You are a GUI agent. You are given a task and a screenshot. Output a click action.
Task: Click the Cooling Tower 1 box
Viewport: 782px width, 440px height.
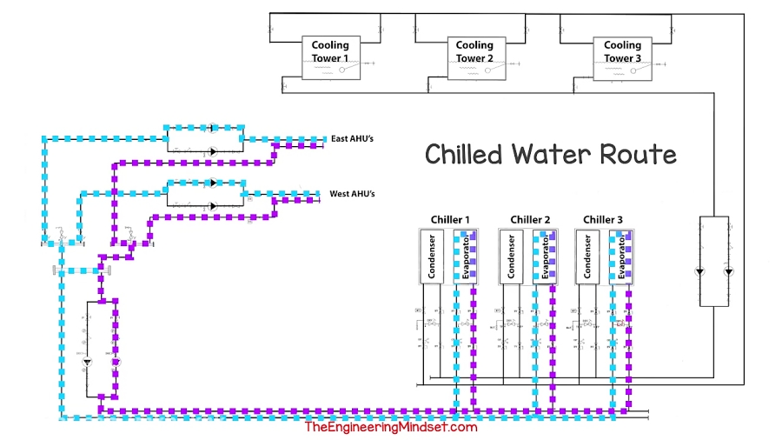pos(329,57)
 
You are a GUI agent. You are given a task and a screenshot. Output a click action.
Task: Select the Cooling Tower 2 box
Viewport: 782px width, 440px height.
pos(474,57)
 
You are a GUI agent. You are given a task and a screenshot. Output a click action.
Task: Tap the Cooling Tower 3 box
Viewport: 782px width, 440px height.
pos(622,57)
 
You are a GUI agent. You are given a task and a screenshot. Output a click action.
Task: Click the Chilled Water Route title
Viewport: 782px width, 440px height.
pos(550,155)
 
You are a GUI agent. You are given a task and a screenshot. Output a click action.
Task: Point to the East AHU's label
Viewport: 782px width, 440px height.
pos(352,139)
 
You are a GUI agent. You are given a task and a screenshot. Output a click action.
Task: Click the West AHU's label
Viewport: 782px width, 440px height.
pos(351,193)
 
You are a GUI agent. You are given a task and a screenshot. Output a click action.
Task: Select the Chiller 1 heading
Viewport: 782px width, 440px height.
pos(450,219)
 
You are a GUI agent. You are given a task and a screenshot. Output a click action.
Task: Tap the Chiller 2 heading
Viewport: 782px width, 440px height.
pos(530,219)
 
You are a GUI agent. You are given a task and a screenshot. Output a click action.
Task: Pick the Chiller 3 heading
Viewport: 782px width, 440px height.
pos(603,219)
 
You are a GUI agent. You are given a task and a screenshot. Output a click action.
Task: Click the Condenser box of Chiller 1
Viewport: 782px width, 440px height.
pos(432,257)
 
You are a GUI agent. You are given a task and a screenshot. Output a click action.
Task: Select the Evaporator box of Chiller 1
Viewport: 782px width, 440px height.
pos(467,257)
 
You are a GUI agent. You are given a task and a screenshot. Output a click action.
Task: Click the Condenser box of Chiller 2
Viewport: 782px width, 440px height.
pos(512,257)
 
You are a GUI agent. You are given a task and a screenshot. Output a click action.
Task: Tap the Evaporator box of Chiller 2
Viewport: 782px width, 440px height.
pos(546,257)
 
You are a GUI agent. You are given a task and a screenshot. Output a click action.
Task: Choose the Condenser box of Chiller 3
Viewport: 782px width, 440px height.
pos(587,257)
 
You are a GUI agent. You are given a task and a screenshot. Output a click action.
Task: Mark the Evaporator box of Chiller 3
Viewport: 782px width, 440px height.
pos(622,257)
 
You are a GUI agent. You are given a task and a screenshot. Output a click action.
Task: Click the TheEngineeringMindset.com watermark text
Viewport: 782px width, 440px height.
pos(390,427)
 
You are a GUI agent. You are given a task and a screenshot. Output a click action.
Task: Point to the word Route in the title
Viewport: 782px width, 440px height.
pos(639,155)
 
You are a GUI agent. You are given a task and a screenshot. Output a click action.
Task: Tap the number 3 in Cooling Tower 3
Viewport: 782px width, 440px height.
pos(637,58)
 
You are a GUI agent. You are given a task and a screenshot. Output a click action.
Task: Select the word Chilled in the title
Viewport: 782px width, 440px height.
pos(463,155)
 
